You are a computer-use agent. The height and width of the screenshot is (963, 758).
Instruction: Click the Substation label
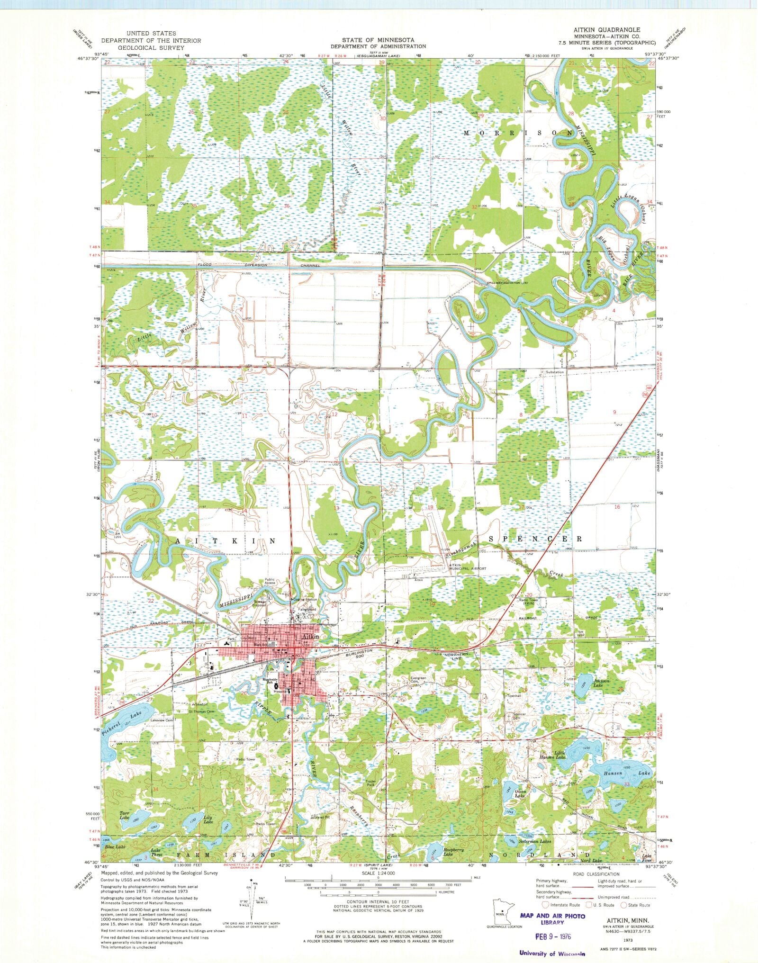(x=555, y=372)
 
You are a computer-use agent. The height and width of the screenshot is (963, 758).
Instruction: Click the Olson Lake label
(x=521, y=794)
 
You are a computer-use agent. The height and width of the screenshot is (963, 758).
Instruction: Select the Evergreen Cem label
(x=418, y=680)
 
